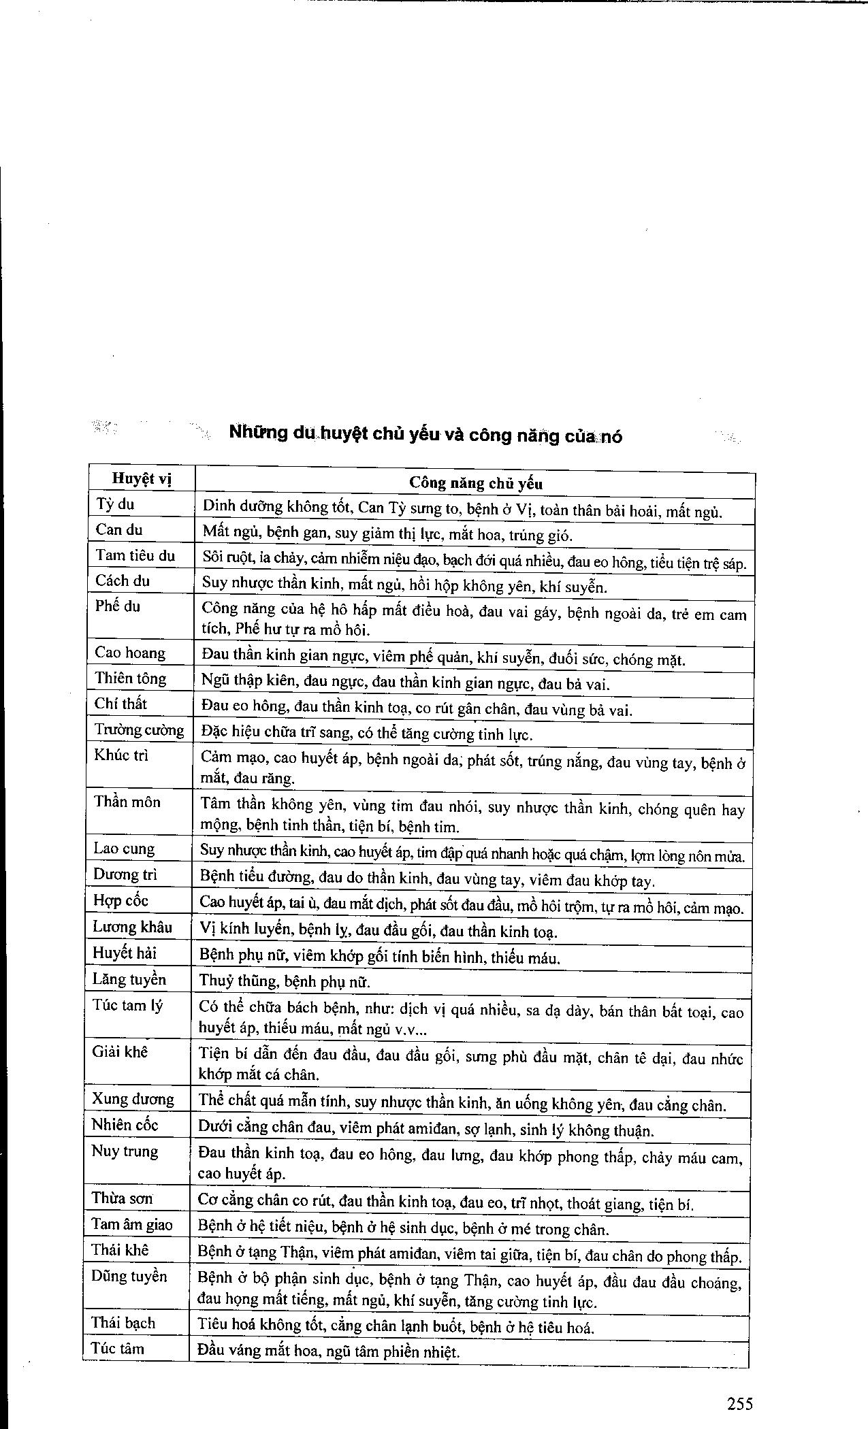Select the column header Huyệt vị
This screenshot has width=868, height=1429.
[x=142, y=479]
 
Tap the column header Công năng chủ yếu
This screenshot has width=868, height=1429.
[x=475, y=483]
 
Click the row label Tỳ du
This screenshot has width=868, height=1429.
[x=115, y=504]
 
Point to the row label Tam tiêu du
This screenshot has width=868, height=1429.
[x=135, y=555]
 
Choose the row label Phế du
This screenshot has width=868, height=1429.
[x=118, y=606]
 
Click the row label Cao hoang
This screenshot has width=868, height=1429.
[x=130, y=653]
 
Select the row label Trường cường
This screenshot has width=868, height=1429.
[x=139, y=730]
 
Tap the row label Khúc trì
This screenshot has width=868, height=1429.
[x=121, y=755]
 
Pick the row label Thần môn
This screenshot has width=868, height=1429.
[x=127, y=802]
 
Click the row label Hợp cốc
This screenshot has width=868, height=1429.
[x=120, y=901]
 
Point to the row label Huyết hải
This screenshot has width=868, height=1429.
[x=125, y=953]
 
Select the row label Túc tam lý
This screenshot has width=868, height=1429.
[x=127, y=1005]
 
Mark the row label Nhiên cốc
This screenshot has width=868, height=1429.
[x=125, y=1125]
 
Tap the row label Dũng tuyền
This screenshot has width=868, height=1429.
[x=129, y=1276]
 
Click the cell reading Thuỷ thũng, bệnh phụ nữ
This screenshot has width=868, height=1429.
[x=285, y=981]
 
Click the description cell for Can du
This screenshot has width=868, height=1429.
[x=387, y=535]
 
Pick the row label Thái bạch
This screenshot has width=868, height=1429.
[x=123, y=1323]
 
